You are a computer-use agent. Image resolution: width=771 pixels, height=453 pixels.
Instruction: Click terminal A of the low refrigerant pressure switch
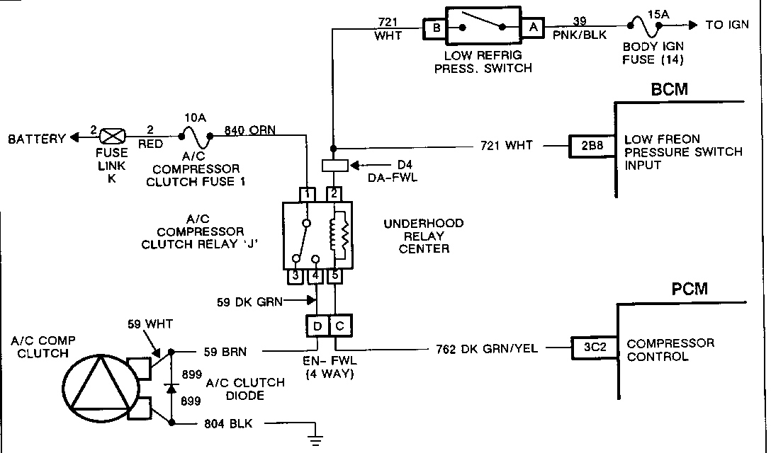pos(530,28)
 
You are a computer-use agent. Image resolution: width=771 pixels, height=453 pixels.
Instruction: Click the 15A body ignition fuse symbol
pos(643,26)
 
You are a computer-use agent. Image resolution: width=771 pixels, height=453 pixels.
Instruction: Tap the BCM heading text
pos(669,90)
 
